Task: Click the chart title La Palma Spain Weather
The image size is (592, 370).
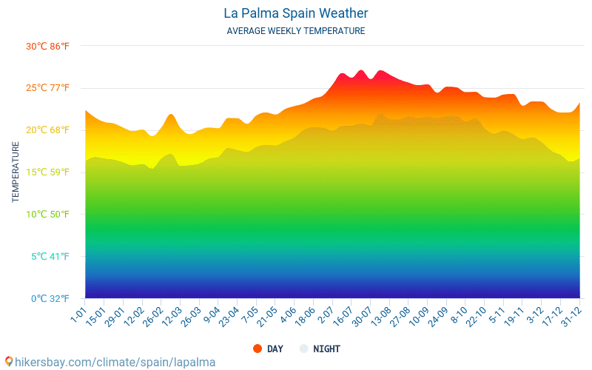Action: (x=295, y=13)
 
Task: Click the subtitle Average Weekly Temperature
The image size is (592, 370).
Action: (x=295, y=31)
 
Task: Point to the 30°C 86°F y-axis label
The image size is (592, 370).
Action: (x=47, y=46)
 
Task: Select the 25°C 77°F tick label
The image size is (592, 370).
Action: (x=47, y=88)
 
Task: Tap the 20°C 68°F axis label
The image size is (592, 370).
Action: (x=47, y=130)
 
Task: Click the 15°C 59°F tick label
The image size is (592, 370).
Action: (x=47, y=172)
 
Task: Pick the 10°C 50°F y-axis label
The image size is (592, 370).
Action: (x=47, y=215)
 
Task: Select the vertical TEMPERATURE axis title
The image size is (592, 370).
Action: (x=16, y=172)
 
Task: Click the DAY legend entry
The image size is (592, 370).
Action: (x=268, y=349)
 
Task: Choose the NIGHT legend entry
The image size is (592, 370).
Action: (x=320, y=349)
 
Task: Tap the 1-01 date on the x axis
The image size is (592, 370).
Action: (x=78, y=312)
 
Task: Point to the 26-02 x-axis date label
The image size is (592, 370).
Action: (x=152, y=315)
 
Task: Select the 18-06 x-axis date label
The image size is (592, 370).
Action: (x=305, y=315)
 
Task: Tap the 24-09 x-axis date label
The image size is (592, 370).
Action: (x=437, y=315)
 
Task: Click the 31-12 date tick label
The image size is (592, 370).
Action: (x=569, y=315)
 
